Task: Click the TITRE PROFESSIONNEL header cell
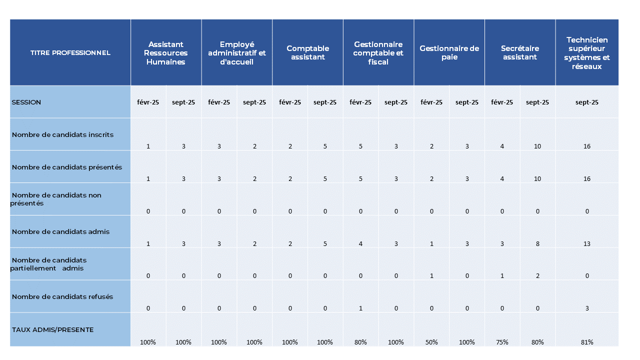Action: [70, 52]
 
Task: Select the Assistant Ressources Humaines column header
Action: [166, 53]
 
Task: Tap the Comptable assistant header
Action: [307, 52]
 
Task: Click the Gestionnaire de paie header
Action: [449, 52]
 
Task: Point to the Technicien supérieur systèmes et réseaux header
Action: [587, 52]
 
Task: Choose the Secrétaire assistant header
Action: [520, 52]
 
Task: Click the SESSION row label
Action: [26, 102]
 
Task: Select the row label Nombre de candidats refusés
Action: [62, 296]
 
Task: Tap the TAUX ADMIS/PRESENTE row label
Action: [53, 329]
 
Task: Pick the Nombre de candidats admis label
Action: [60, 231]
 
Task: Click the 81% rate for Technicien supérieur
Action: [587, 342]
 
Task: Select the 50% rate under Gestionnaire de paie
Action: [431, 342]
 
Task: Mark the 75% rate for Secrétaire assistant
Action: [502, 342]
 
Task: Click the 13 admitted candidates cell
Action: [587, 243]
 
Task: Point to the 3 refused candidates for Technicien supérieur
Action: [587, 308]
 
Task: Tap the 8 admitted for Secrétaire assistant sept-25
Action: [537, 243]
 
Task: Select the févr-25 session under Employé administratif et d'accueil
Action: [219, 102]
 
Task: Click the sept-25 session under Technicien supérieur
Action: [587, 102]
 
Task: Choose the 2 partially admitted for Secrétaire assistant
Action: [537, 276]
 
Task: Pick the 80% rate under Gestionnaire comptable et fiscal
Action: [360, 342]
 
